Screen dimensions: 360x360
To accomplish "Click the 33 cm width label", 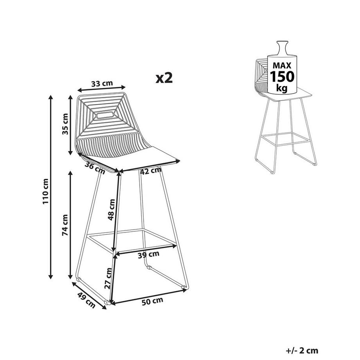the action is pos(102,83).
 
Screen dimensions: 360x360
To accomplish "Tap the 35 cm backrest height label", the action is pos(65,124).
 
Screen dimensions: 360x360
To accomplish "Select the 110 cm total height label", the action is pos(45,191).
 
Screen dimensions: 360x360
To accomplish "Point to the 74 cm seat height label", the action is pos(65,225).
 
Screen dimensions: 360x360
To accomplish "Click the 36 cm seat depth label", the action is pos(95,167).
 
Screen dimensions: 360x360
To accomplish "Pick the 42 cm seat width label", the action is pos(151,171).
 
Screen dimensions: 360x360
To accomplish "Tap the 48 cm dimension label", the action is pos(112,210).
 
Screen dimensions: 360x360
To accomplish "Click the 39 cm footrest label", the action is pos(149,255).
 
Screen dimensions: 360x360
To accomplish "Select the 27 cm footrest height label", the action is pos(108,278).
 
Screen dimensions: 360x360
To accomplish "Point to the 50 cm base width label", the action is pos(152,301).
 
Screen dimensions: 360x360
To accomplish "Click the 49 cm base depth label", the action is pos(86,300).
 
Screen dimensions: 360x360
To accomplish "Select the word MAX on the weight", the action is pos(282,66).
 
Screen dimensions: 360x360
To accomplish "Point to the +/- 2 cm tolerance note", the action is pos(302,351).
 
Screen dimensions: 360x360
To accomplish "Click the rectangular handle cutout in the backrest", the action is pos(105,115).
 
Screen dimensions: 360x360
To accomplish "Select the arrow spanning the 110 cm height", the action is pos(51,187).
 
